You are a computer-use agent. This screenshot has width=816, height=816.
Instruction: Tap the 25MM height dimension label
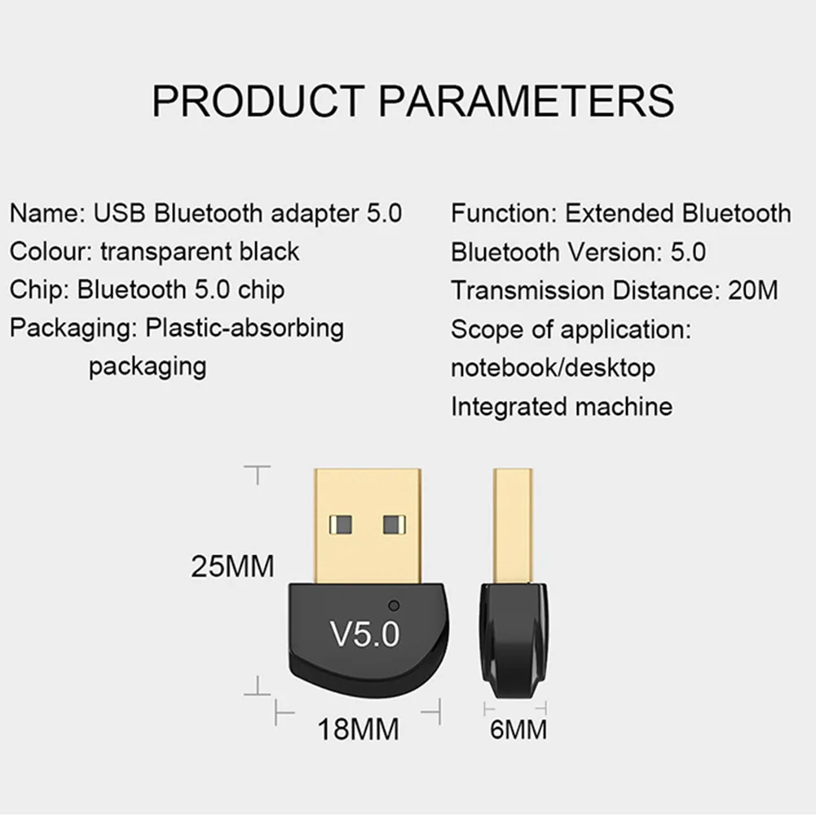click(232, 565)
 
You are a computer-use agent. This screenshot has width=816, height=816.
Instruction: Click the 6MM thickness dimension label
click(518, 729)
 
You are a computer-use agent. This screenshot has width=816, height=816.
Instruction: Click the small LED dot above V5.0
click(395, 606)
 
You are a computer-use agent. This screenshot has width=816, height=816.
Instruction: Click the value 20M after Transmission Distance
click(753, 290)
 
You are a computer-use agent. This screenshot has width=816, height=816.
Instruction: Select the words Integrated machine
click(562, 405)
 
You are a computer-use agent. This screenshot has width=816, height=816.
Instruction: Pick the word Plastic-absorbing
click(245, 328)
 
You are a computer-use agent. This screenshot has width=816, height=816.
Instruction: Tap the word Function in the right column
click(501, 214)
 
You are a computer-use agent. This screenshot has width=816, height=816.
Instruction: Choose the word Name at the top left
click(42, 214)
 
